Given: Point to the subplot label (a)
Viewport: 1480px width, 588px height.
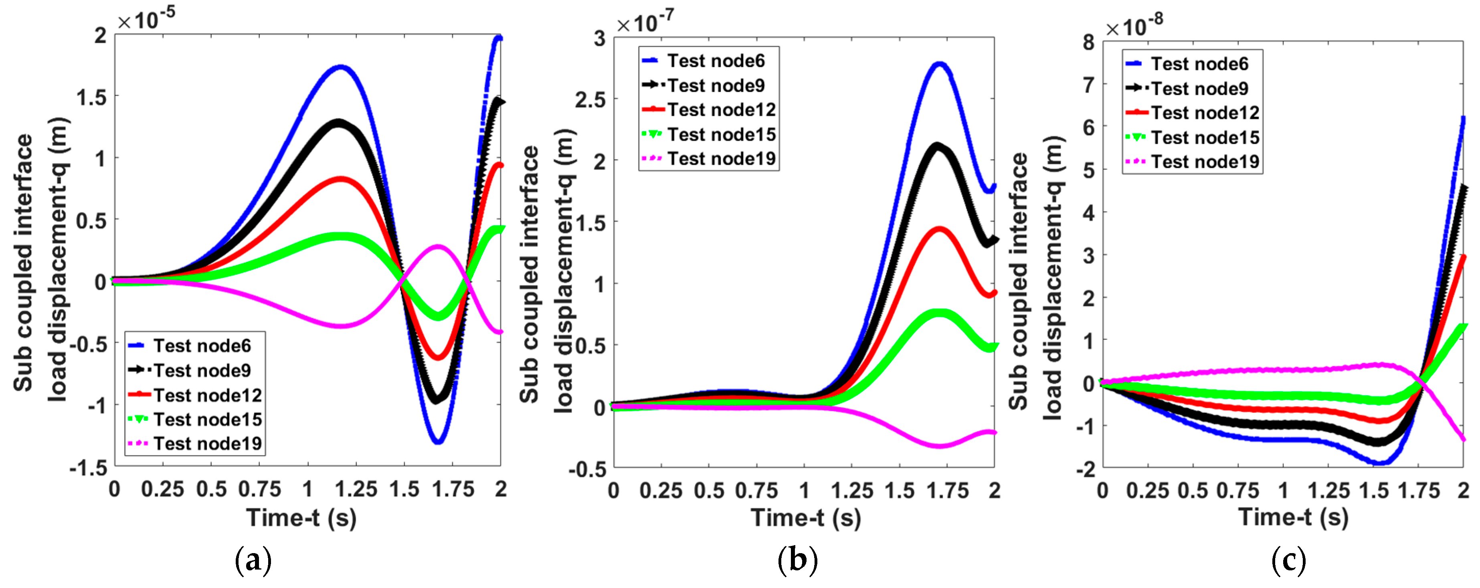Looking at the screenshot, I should pos(253,560).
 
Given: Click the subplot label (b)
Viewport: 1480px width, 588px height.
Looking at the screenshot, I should pos(797,560).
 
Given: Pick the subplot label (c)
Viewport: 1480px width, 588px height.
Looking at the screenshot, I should pos(1289,560).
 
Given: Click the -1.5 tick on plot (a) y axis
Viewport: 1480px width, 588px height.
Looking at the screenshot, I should pos(89,468).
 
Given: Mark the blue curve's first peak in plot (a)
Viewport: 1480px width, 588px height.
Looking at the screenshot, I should pos(341,67).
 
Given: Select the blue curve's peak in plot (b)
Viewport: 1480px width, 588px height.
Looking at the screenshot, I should pos(940,64).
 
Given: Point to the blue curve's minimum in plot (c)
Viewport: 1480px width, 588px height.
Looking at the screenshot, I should pos(1381,462).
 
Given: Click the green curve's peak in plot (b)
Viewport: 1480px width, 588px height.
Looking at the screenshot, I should pos(939,313).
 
